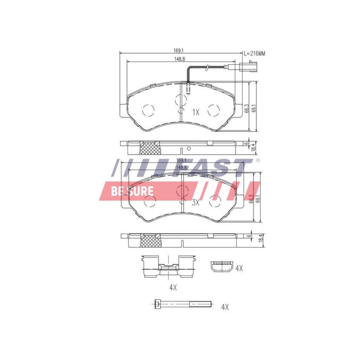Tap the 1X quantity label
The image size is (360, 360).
coord(195,112)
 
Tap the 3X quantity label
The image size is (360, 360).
coord(195,202)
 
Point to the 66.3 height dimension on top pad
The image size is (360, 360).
coord(247,109)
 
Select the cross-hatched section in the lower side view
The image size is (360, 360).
coord(150,240)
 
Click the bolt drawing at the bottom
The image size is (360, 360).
coord(180,305)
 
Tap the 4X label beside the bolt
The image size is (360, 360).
coord(225,307)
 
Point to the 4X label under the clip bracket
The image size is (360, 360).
coord(173,287)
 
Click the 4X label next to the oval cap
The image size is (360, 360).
coord(239,268)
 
